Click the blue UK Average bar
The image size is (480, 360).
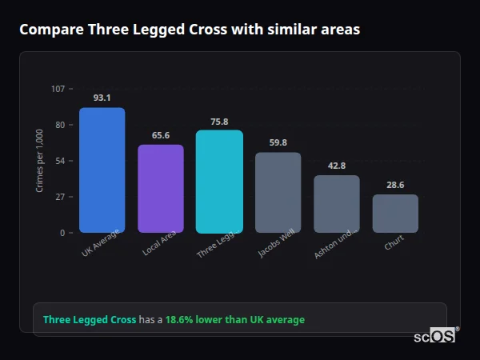tap(102, 170)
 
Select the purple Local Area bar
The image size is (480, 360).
tap(161, 189)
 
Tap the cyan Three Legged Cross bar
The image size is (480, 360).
tap(219, 182)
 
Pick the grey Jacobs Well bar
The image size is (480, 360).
tap(278, 193)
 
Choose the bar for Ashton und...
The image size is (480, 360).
tap(337, 204)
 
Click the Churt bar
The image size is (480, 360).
tap(395, 214)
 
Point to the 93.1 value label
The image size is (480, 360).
tap(102, 98)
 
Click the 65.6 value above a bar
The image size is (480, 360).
tap(161, 135)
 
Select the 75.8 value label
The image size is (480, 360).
tap(219, 122)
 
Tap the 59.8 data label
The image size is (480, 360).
tap(278, 143)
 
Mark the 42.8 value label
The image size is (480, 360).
tap(337, 166)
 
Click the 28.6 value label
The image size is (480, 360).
tap(395, 185)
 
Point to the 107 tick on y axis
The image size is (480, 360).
tap(58, 88)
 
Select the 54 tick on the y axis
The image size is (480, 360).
tap(60, 161)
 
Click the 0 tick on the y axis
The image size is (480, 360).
tap(62, 233)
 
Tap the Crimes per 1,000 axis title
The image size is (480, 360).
tap(40, 161)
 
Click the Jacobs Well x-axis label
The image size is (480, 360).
tap(272, 246)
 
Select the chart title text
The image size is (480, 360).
tap(190, 30)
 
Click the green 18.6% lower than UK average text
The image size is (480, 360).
tap(235, 320)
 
